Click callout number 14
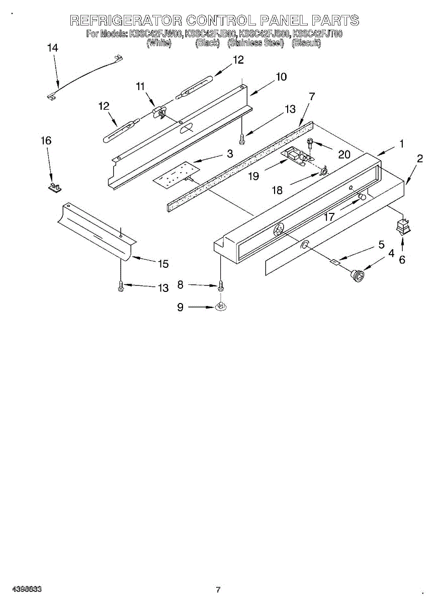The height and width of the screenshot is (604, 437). click(x=52, y=48)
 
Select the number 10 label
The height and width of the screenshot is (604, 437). click(x=281, y=77)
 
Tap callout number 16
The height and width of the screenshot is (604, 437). click(x=46, y=141)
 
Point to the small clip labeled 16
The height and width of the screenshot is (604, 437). click(x=53, y=187)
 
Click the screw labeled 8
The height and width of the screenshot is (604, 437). click(x=220, y=286)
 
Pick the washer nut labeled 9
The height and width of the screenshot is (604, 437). click(x=220, y=306)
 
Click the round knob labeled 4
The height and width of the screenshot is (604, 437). click(x=358, y=274)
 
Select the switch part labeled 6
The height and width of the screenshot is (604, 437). click(x=403, y=228)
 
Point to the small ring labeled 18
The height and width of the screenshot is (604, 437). click(x=324, y=172)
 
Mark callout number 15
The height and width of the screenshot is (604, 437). click(x=163, y=264)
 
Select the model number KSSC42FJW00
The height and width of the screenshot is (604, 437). click(x=155, y=34)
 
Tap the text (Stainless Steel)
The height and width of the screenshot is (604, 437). click(x=255, y=43)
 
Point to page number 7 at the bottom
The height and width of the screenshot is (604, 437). click(x=218, y=589)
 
